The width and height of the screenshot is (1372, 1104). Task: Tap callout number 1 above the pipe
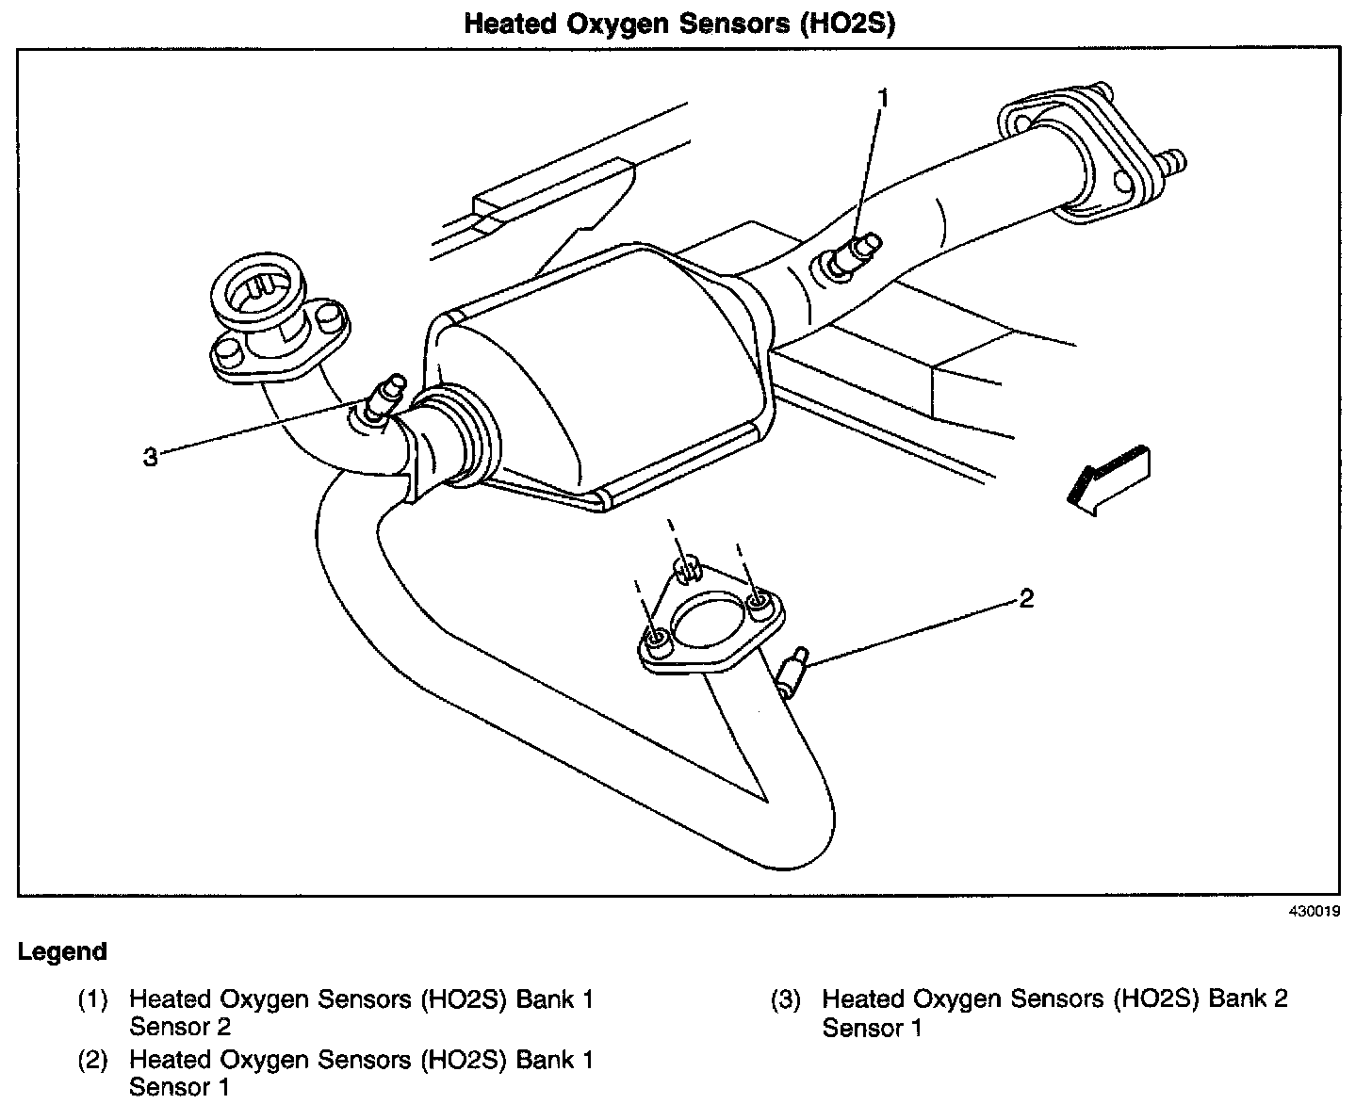pyautogui.click(x=883, y=98)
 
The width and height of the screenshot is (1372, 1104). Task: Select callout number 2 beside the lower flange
pyautogui.click(x=1026, y=598)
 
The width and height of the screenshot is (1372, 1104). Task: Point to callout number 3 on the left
pyautogui.click(x=150, y=458)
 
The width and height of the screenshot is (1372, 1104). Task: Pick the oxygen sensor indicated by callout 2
pyautogui.click(x=794, y=670)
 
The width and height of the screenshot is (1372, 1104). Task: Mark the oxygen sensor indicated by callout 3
pyautogui.click(x=383, y=399)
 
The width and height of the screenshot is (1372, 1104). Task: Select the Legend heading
pyautogui.click(x=62, y=951)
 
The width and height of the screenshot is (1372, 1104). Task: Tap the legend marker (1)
pyautogui.click(x=92, y=999)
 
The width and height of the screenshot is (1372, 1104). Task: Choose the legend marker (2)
pyautogui.click(x=92, y=1060)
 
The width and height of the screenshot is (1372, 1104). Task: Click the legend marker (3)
pyautogui.click(x=786, y=999)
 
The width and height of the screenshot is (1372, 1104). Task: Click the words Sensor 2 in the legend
pyautogui.click(x=180, y=1027)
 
